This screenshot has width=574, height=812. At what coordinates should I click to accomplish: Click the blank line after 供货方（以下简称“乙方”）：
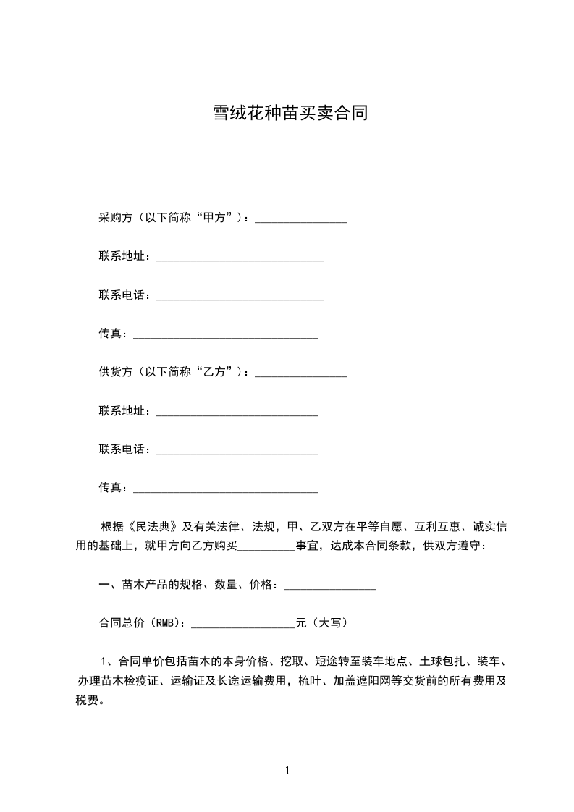[x=301, y=374]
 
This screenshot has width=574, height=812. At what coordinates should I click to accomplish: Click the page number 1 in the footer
[x=287, y=771]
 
